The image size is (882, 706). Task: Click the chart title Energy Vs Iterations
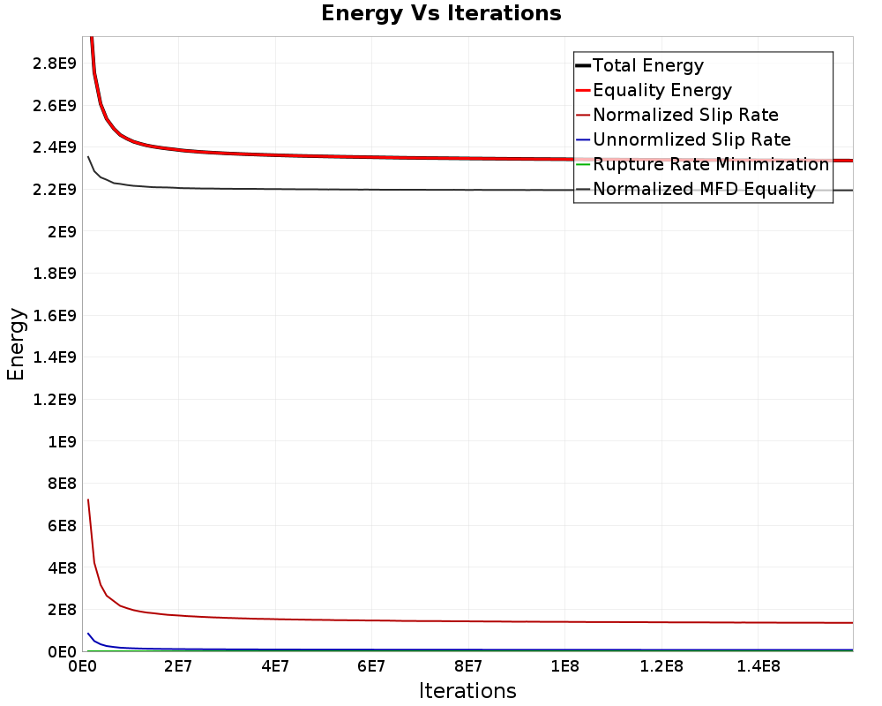(x=441, y=13)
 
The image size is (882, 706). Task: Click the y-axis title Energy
(x=16, y=343)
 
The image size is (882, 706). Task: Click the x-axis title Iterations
(x=467, y=690)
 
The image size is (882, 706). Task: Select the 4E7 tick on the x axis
(x=275, y=667)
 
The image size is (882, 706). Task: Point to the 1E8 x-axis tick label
(x=565, y=667)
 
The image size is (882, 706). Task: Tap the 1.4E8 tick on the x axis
(x=759, y=667)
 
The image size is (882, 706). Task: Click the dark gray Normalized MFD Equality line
(x=353, y=189)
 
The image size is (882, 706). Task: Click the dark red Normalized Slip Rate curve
(x=353, y=619)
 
